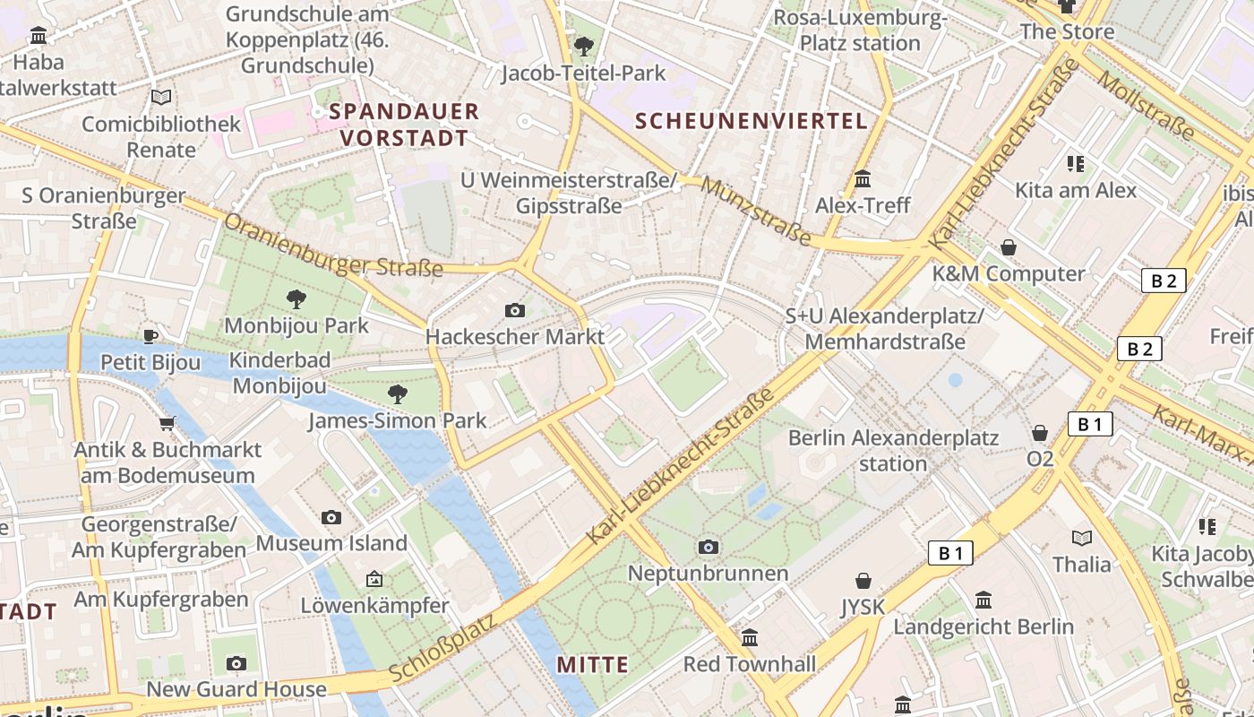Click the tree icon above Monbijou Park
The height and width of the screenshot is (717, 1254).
[x=296, y=298]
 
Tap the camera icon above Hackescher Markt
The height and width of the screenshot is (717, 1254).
[x=515, y=310]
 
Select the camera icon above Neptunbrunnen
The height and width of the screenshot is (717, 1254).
[x=709, y=547]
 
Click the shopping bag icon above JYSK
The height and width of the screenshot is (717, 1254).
[x=863, y=581]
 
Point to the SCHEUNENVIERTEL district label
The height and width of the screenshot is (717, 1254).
[x=752, y=121]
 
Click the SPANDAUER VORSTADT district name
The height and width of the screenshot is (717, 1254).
[x=404, y=125]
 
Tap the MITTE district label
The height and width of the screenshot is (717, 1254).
[x=592, y=664]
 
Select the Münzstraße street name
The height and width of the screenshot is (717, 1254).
[x=756, y=212]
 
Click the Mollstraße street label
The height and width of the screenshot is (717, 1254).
[x=1146, y=105]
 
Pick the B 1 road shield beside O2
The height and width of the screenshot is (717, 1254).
[x=1089, y=424]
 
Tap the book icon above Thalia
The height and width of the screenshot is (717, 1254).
[x=1082, y=538]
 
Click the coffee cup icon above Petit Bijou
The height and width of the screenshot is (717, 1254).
[x=150, y=336]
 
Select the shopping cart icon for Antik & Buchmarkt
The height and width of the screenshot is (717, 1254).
[x=167, y=423]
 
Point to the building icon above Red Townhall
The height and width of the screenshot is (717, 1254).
[x=750, y=637]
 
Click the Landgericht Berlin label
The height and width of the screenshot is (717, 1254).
[x=983, y=626]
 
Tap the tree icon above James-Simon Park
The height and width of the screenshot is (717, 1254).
[x=397, y=393]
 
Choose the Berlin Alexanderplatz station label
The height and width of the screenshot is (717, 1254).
[x=893, y=451]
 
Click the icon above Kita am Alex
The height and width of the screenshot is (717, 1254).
[x=1076, y=163]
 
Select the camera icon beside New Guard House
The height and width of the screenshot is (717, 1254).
[x=236, y=663]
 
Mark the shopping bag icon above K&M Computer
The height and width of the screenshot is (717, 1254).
[x=1009, y=246]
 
